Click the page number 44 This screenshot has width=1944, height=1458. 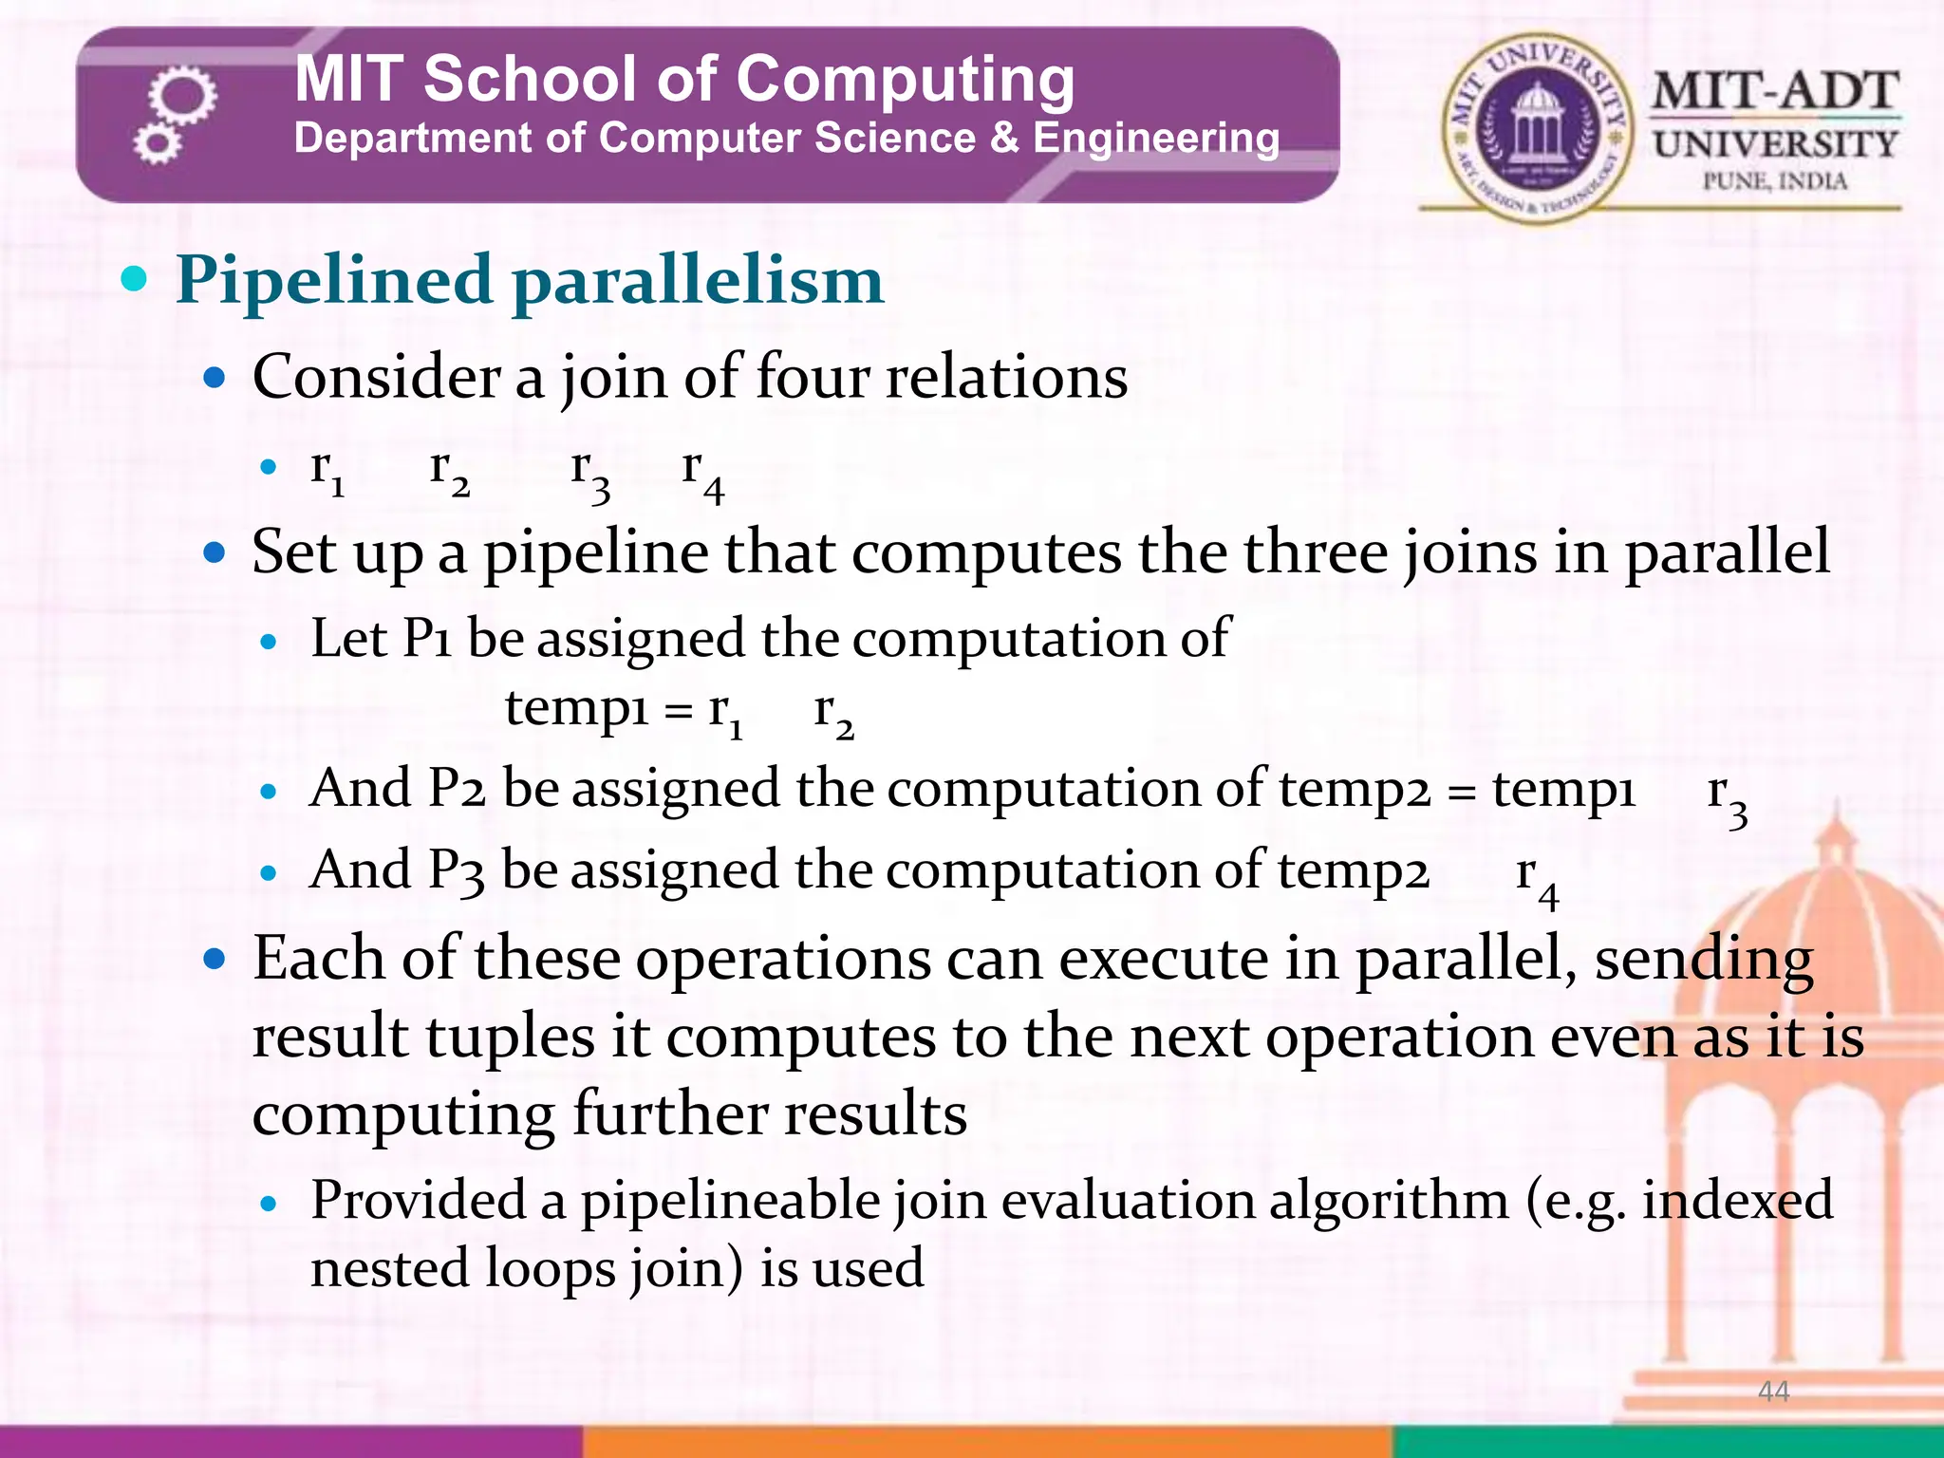(1773, 1392)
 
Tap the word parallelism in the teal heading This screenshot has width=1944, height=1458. (698, 281)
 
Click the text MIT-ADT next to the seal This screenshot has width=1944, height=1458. (1775, 93)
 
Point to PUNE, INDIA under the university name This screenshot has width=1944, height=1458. (1775, 180)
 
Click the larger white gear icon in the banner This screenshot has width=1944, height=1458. (182, 95)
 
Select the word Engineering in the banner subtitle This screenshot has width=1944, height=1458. (1156, 139)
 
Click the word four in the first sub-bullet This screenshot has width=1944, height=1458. (813, 377)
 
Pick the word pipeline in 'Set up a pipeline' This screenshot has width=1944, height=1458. (595, 552)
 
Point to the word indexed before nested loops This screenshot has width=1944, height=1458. (1737, 1200)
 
